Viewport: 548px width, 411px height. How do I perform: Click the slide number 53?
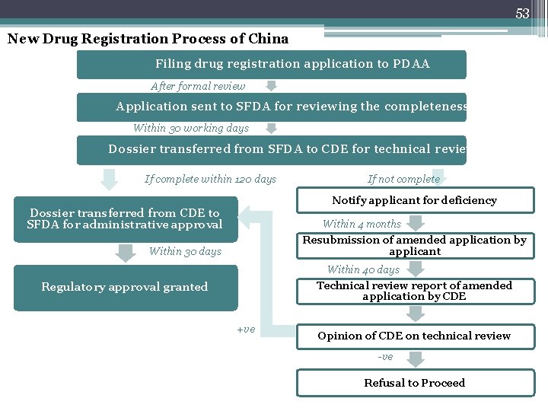[x=522, y=13]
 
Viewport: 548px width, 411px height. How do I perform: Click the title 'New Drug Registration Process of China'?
[x=148, y=39]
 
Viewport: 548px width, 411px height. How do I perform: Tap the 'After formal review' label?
[x=198, y=86]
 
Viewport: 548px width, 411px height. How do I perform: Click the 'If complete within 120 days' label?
[x=211, y=179]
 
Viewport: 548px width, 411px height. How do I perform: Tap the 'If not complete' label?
[x=403, y=179]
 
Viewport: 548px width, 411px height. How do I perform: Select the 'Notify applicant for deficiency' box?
[x=414, y=200]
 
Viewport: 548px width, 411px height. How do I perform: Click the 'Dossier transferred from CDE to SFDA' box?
[x=125, y=219]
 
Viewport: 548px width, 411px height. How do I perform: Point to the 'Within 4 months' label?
[x=362, y=224]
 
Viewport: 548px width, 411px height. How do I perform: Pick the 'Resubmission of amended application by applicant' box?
[x=414, y=245]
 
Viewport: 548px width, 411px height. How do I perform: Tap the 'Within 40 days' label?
[x=363, y=269]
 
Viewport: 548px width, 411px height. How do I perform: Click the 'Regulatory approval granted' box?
[x=125, y=287]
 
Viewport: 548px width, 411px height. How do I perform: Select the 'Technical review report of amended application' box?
[x=414, y=291]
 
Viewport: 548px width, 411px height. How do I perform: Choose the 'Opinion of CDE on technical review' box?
[x=414, y=336]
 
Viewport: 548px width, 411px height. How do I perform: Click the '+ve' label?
[x=246, y=330]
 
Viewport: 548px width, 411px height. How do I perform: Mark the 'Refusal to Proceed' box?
[x=414, y=383]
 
